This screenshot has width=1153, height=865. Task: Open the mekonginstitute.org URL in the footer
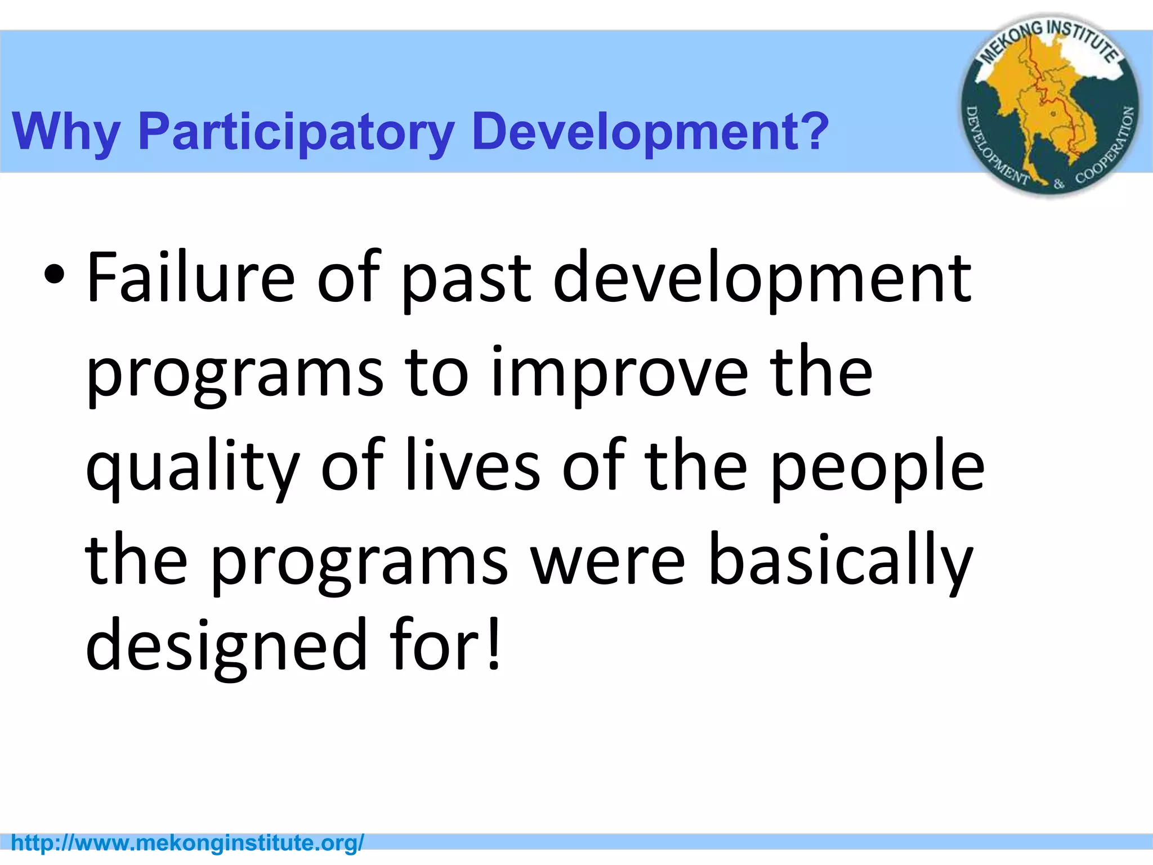(x=187, y=843)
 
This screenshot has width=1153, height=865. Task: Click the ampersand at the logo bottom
(x=1059, y=183)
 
